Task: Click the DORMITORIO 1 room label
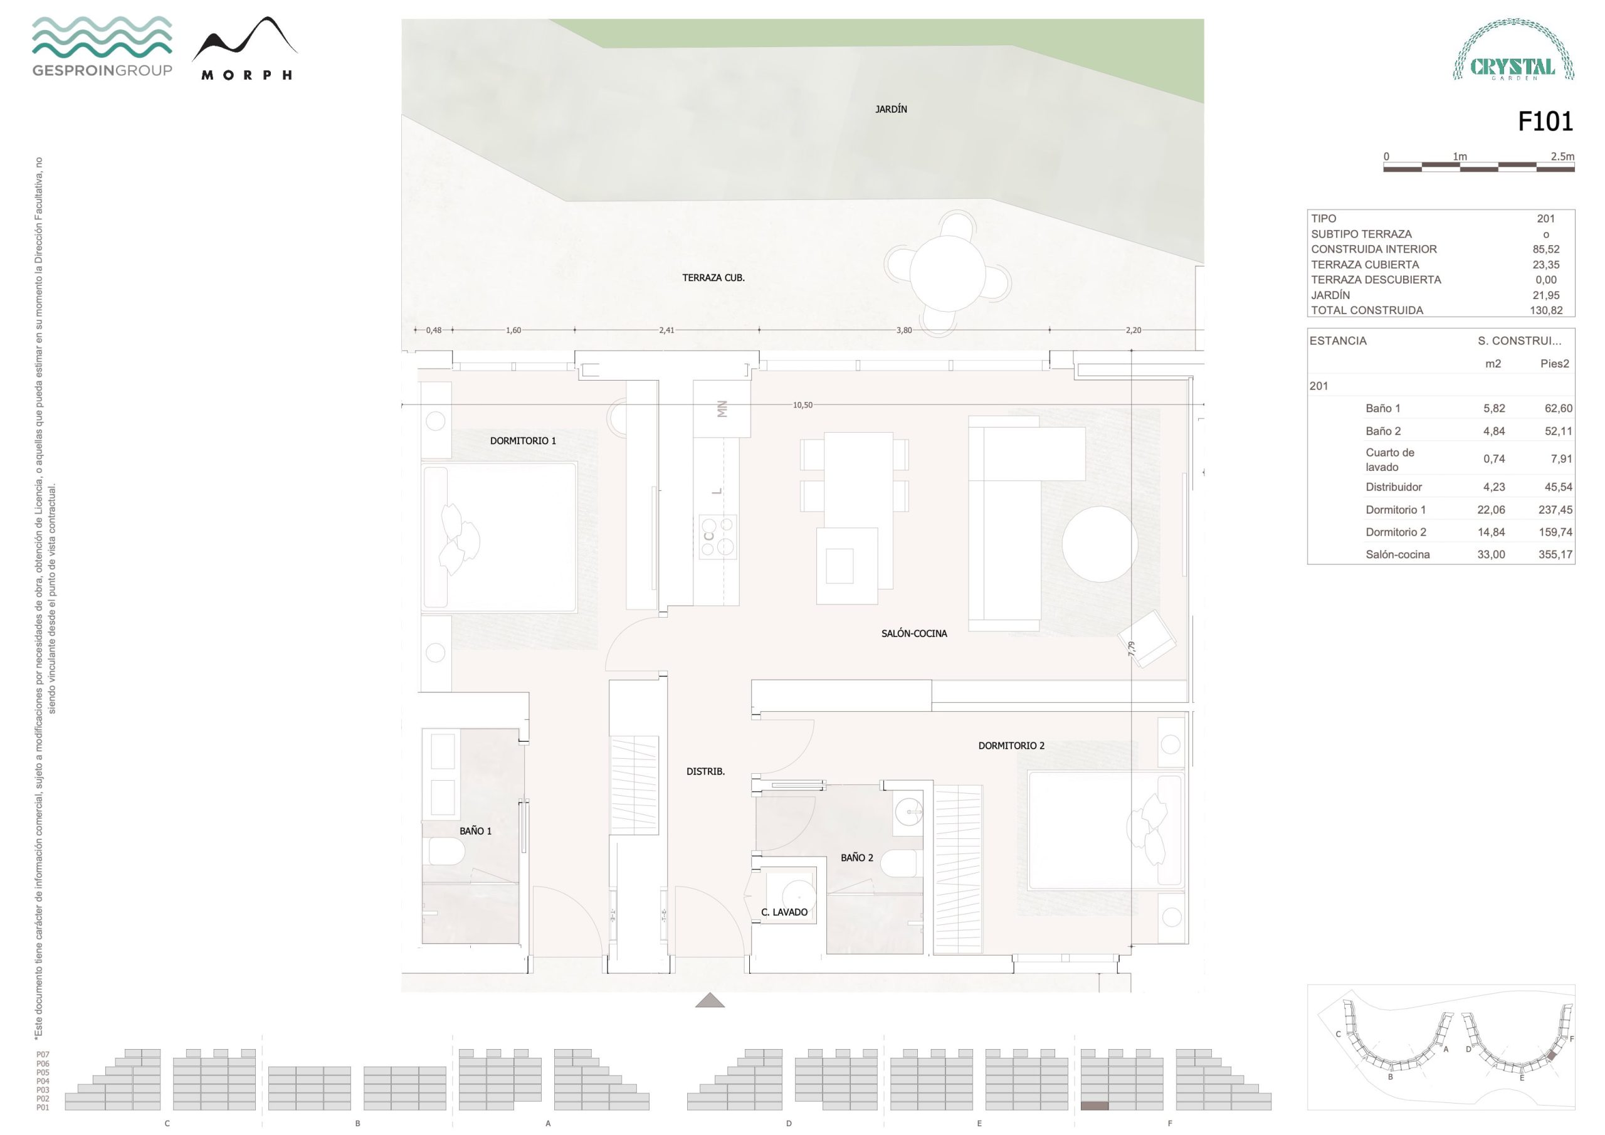pos(523,441)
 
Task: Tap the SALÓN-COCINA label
pos(913,633)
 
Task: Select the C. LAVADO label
pos(784,912)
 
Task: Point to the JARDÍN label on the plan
pos(892,109)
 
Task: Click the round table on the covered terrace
pos(947,273)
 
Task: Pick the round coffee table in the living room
pos(1100,544)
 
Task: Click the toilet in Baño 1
pos(446,852)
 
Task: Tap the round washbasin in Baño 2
pos(910,812)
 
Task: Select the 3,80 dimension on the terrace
pos(904,330)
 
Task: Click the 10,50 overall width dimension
pos(802,405)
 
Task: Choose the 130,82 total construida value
pos(1545,310)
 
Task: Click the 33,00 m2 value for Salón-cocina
pos(1491,554)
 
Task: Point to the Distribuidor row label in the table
pos(1394,487)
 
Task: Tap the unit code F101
pos(1545,122)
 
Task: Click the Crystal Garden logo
pos(1513,50)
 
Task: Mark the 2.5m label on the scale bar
pos(1562,157)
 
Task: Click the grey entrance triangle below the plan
pos(710,1001)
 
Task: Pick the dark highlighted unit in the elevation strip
pos(1094,1106)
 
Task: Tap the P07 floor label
pos(43,1055)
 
